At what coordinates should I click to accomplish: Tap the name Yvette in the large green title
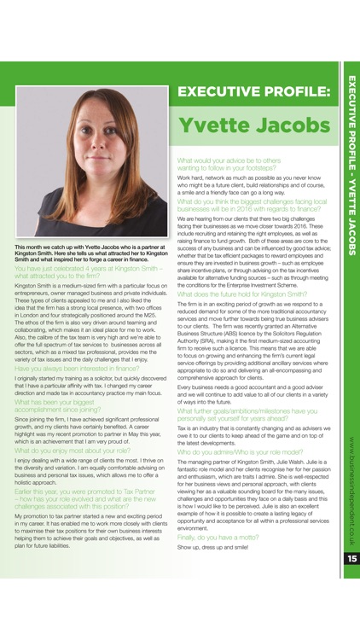213,126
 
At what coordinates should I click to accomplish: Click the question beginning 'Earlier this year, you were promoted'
85,497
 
